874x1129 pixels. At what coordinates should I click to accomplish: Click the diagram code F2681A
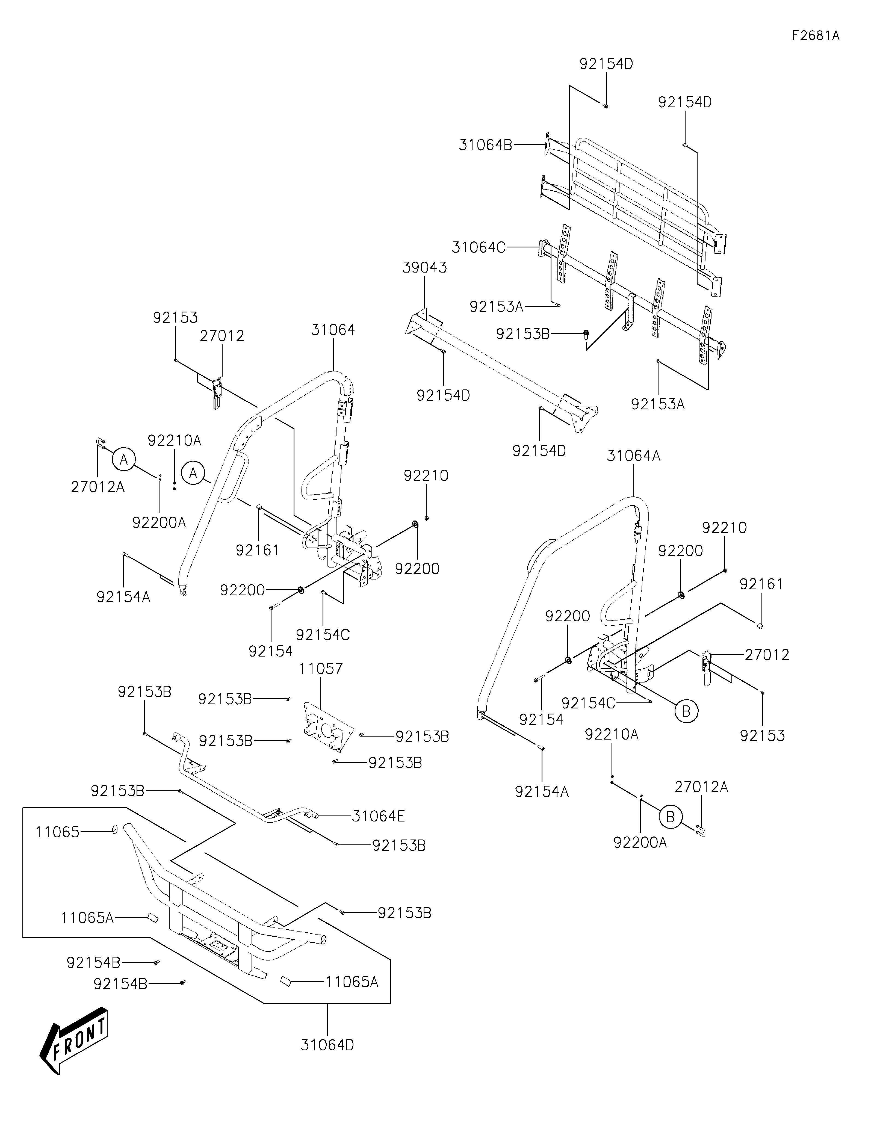pyautogui.click(x=815, y=36)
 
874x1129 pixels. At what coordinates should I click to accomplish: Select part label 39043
pyautogui.click(x=425, y=268)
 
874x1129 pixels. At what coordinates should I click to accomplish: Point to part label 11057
pyautogui.click(x=320, y=668)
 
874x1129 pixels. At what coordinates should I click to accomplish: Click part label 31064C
pyautogui.click(x=478, y=248)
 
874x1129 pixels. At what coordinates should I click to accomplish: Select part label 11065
pyautogui.click(x=57, y=832)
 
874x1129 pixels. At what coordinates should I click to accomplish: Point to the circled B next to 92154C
pyautogui.click(x=686, y=711)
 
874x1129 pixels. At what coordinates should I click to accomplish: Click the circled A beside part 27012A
pyautogui.click(x=123, y=459)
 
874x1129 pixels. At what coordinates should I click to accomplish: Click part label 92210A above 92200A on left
pyautogui.click(x=174, y=441)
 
